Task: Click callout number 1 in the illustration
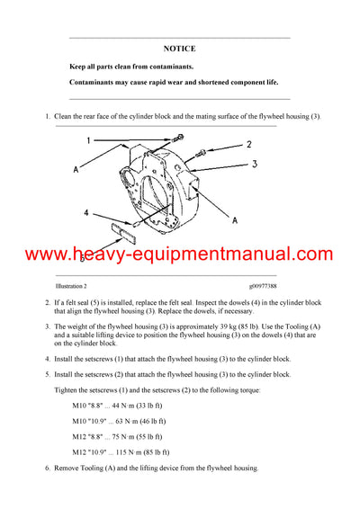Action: tap(87, 140)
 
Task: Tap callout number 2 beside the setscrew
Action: tap(249, 144)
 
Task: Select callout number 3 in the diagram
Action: tap(255, 164)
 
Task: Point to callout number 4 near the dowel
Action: tap(86, 214)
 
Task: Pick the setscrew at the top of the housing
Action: tap(181, 136)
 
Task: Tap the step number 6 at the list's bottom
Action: tap(47, 469)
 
